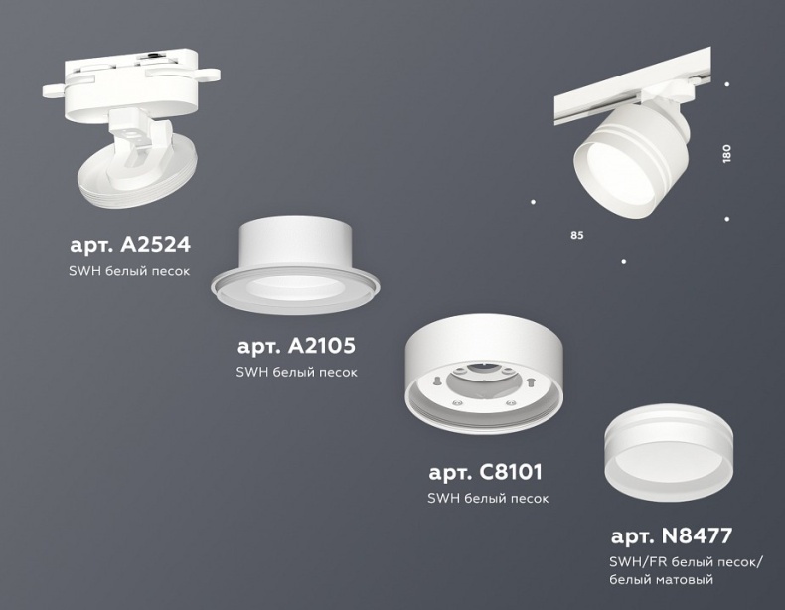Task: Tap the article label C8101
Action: (485, 473)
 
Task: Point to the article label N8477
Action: (671, 537)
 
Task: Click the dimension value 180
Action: (726, 154)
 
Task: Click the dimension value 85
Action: (577, 235)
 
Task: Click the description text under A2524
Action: (129, 270)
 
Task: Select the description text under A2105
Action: (296, 372)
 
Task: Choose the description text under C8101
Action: (487, 498)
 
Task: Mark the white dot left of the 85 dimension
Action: (534, 203)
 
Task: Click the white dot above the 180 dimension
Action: (727, 84)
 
